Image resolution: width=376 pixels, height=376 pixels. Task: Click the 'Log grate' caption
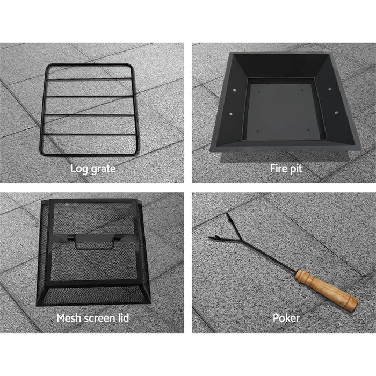tap(93, 169)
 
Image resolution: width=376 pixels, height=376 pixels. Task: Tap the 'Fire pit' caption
tap(286, 169)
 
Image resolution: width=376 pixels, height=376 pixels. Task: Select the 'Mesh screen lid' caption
tap(93, 318)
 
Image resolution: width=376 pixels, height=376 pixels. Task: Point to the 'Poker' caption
tap(286, 318)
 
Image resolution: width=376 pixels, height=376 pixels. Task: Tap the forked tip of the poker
tap(218, 236)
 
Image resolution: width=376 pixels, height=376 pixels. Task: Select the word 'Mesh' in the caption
tap(69, 318)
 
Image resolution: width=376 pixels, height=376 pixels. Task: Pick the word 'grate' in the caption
tap(103, 169)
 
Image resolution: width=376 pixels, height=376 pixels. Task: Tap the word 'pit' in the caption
tap(296, 169)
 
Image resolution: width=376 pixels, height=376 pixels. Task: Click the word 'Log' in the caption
tap(78, 169)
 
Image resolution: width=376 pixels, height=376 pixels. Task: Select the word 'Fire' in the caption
tap(278, 169)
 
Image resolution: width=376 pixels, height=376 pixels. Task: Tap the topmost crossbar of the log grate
tap(89, 78)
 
